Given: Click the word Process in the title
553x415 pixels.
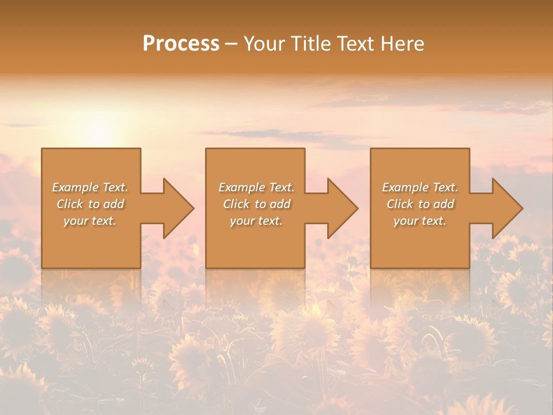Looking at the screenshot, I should click(181, 44).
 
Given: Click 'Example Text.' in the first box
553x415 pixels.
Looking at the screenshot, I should click(90, 187).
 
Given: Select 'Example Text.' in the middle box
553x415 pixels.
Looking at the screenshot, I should click(256, 187).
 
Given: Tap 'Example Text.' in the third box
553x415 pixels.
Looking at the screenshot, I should click(420, 187).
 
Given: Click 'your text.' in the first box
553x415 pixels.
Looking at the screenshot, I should click(90, 221).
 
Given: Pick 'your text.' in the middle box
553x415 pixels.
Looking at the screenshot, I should click(256, 221).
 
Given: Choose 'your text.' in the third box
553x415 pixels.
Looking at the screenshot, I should click(420, 221).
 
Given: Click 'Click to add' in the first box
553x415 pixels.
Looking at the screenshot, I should click(90, 204).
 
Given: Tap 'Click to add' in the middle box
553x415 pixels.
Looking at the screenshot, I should click(256, 204).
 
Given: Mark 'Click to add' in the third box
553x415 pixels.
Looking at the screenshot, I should click(420, 204).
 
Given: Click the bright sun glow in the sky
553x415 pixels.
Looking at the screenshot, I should click(99, 134).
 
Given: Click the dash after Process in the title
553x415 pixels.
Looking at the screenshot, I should click(231, 44).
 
